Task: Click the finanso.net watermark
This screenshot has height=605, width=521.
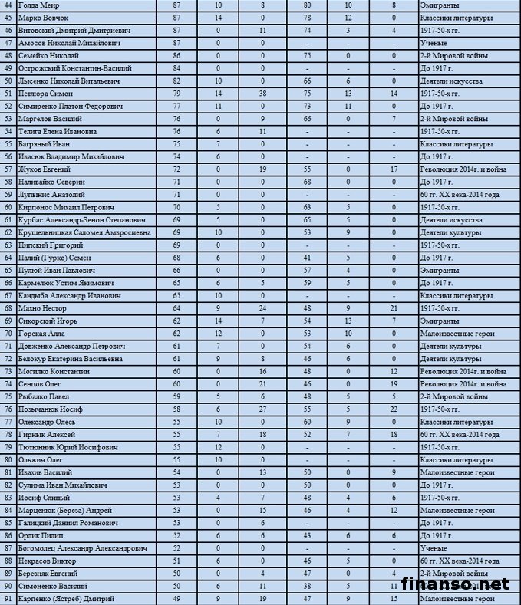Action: [x=456, y=584]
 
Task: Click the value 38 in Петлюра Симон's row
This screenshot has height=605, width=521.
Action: [x=262, y=93]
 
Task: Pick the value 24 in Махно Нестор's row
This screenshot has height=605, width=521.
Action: [x=262, y=308]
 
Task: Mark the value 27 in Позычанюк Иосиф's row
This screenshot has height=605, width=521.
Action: [x=262, y=409]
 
